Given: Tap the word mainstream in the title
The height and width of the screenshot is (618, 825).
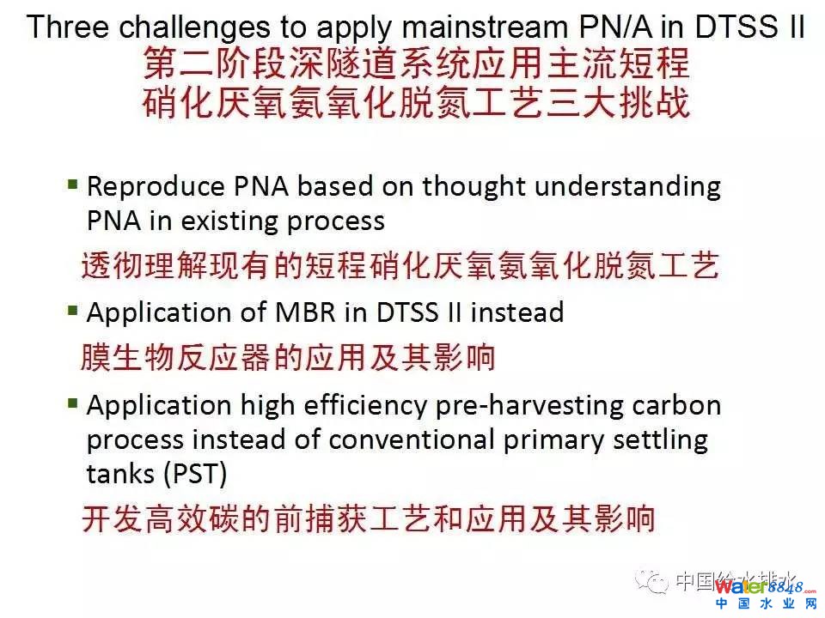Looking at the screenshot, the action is click(485, 27).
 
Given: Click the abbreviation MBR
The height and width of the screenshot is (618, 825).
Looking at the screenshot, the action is click(305, 312).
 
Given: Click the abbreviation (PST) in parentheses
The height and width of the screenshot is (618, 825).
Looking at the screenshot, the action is click(195, 474).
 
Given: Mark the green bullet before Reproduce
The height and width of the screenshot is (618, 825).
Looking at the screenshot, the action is click(73, 185).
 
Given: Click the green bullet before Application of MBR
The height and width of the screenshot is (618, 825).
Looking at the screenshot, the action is click(73, 311).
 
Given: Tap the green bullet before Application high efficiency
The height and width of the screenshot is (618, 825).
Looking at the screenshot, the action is click(73, 403).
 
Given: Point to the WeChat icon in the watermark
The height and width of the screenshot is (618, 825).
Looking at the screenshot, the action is click(652, 581).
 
